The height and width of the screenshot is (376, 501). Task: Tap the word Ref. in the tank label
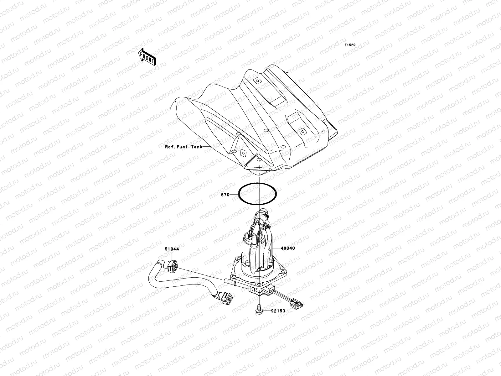tap(170, 147)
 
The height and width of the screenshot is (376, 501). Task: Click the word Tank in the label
tap(197, 147)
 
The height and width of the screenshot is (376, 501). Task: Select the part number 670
tap(225, 195)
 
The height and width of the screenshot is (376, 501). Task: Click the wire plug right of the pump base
tap(297, 304)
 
